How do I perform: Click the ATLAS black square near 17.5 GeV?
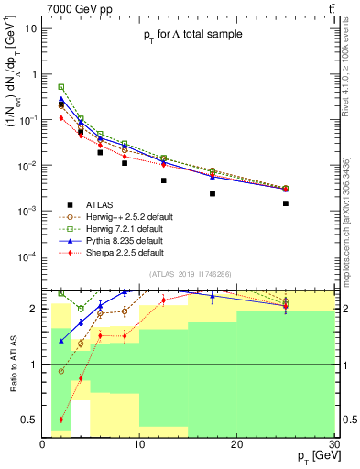tap(213, 193)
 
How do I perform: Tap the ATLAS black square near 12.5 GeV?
tap(164, 180)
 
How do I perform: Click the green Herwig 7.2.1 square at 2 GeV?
tap(61, 87)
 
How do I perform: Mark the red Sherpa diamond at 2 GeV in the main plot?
tap(61, 118)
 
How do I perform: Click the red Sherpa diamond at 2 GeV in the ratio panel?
tap(61, 420)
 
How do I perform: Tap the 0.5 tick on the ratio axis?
tap(32, 420)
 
